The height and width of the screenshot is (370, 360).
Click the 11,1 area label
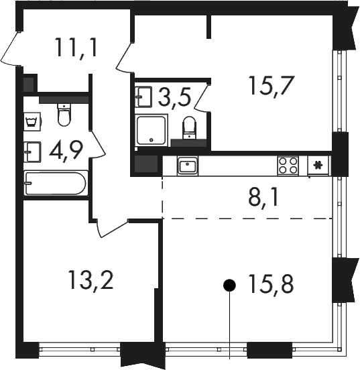pyautogui.click(x=76, y=49)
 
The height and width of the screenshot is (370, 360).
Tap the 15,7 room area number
pyautogui.click(x=271, y=86)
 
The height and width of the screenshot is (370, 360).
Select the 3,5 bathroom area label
pyautogui.click(x=174, y=97)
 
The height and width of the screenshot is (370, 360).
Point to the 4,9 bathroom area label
pyautogui.click(x=66, y=151)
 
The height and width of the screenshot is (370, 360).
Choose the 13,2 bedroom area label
pyautogui.click(x=91, y=280)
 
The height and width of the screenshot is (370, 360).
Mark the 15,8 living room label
pyautogui.click(x=271, y=284)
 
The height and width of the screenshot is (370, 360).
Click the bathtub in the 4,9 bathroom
pyautogui.click(x=56, y=183)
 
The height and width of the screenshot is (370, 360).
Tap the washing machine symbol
pyautogui.click(x=33, y=120)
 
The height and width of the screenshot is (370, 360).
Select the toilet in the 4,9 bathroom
pyautogui.click(x=64, y=115)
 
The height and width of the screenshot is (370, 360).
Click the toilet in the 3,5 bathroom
pyautogui.click(x=189, y=127)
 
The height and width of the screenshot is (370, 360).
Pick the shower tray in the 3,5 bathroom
pyautogui.click(x=152, y=130)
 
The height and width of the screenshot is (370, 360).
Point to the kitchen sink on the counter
pyautogui.click(x=188, y=166)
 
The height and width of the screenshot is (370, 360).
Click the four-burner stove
pyautogui.click(x=288, y=166)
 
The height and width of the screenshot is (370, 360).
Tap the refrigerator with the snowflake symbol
pyautogui.click(x=318, y=165)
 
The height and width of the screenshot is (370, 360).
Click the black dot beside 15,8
pyautogui.click(x=229, y=286)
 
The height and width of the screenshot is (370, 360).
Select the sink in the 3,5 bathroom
pyautogui.click(x=143, y=97)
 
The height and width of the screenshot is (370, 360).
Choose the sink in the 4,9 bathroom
pyautogui.click(x=32, y=152)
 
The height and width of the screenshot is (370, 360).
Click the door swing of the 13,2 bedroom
pyautogui.click(x=111, y=228)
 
